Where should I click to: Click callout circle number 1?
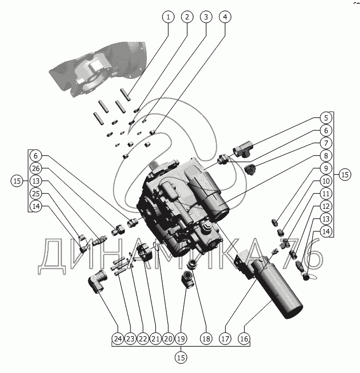pyautogui.click(x=168, y=17)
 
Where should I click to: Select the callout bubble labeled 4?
pyautogui.click(x=225, y=17)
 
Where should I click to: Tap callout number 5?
pyautogui.click(x=326, y=118)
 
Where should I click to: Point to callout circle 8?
pyautogui.click(x=326, y=155)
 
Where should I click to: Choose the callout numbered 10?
pyautogui.click(x=326, y=181)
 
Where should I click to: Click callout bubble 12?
pyautogui.click(x=326, y=206)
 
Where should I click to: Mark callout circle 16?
pyautogui.click(x=244, y=339)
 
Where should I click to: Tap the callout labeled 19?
pyautogui.click(x=181, y=339)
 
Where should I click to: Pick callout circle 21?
pyautogui.click(x=155, y=339)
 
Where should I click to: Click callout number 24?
pyautogui.click(x=117, y=339)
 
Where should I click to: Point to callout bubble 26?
pyautogui.click(x=35, y=169)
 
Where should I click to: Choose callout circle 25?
pyautogui.click(x=35, y=194)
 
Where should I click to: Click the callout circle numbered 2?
pyautogui.click(x=186, y=17)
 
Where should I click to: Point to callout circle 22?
pyautogui.click(x=143, y=339)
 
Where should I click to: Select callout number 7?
pyautogui.click(x=326, y=143)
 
